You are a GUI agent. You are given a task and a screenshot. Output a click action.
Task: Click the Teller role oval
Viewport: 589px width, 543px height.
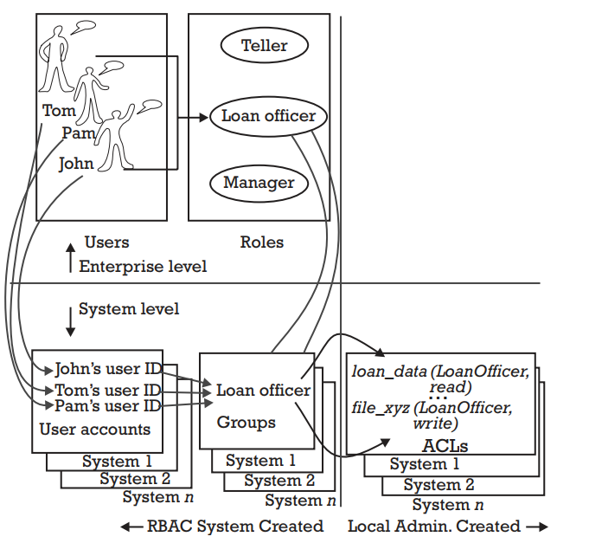264,46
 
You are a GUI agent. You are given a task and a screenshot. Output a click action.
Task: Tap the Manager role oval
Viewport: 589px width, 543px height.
259,183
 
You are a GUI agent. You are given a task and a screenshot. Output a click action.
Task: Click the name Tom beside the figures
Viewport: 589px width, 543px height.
59,111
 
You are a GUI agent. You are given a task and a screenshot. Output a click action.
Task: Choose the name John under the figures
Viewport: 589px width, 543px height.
76,163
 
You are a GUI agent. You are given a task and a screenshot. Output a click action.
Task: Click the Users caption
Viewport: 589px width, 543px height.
106,242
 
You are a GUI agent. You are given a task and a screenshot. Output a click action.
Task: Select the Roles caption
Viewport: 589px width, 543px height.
261,242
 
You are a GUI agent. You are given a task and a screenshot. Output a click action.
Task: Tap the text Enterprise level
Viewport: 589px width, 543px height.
143,266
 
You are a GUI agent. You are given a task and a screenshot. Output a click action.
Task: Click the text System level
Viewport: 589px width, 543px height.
129,308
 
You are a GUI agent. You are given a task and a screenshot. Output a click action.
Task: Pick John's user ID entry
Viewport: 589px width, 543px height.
107,367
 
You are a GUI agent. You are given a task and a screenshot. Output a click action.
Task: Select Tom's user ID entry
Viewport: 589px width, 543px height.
107,389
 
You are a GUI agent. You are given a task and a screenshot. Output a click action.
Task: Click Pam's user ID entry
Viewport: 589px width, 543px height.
107,405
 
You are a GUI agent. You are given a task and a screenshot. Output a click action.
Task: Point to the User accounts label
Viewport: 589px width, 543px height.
95,429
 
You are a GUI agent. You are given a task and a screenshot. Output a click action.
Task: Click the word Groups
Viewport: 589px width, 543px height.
246,423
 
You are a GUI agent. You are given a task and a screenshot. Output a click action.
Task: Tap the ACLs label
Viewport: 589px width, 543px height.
445,446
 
